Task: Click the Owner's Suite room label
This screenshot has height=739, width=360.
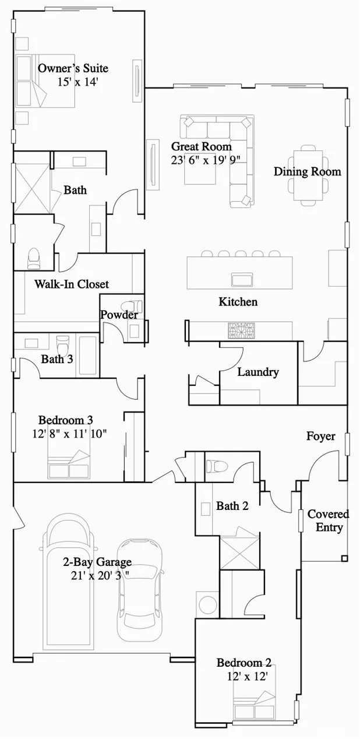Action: point(73,68)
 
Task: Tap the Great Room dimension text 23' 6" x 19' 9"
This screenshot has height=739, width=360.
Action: point(206,160)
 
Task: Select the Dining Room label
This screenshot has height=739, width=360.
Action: point(307,171)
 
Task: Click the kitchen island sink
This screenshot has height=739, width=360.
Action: point(242,279)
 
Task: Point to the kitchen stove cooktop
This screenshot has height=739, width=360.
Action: point(242,330)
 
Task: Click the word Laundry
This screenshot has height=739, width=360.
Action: point(258,372)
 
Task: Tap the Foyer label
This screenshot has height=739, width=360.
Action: point(321,436)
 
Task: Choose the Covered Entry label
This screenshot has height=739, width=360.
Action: point(329,520)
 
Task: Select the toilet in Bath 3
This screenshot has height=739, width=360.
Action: point(62,345)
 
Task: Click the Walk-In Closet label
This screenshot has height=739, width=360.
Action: point(72,284)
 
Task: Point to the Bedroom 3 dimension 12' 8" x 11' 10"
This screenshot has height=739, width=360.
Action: point(69,434)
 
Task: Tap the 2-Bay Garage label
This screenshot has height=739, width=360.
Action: point(97,561)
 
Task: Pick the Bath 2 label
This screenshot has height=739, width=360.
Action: point(232,506)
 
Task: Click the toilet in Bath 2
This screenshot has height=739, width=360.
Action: point(217,466)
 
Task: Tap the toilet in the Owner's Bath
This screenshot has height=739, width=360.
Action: point(34,258)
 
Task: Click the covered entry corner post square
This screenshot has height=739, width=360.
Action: point(344,558)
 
